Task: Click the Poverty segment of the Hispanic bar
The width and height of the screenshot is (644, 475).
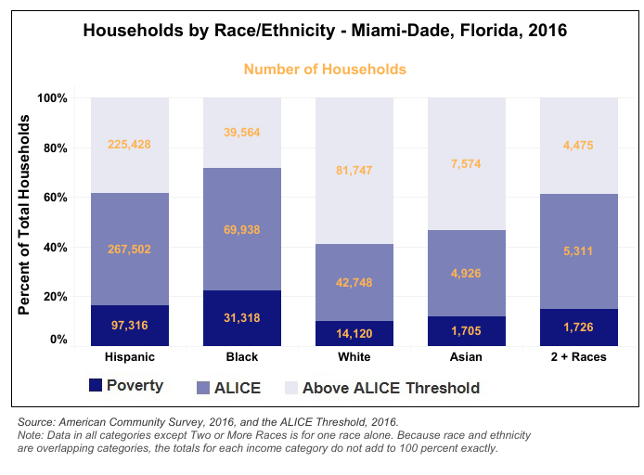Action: pyautogui.click(x=130, y=324)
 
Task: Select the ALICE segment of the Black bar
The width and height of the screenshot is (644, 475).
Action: pyautogui.click(x=241, y=229)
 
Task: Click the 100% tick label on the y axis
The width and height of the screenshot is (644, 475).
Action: pyautogui.click(x=51, y=98)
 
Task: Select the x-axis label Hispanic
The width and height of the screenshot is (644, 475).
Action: pyautogui.click(x=130, y=357)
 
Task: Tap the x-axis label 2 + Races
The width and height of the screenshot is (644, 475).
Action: pyautogui.click(x=578, y=357)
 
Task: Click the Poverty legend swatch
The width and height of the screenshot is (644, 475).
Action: pyautogui.click(x=95, y=385)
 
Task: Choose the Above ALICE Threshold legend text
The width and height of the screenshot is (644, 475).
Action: pyautogui.click(x=391, y=388)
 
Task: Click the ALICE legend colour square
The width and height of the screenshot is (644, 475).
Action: pyautogui.click(x=204, y=387)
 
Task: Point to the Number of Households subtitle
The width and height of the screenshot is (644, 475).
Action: pyautogui.click(x=325, y=70)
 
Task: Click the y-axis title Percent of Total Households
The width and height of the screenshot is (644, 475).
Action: pyautogui.click(x=25, y=215)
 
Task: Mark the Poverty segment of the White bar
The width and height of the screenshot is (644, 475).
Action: pyautogui.click(x=354, y=333)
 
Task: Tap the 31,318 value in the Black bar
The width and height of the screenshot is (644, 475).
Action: pyautogui.click(x=241, y=317)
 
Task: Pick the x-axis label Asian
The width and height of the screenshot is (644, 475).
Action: pyautogui.click(x=466, y=357)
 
